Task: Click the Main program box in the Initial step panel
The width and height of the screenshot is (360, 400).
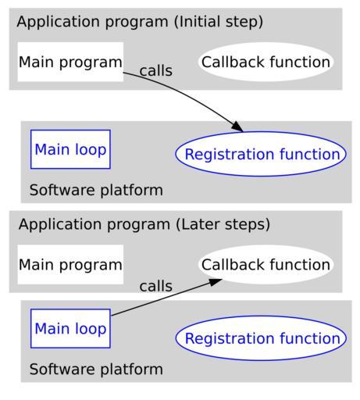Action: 70,62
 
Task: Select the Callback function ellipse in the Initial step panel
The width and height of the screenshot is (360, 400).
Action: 266,62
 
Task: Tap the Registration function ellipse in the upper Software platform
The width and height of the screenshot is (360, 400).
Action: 261,154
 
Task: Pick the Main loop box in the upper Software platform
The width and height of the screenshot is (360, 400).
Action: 70,149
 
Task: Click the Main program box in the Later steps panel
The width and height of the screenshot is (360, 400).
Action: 70,265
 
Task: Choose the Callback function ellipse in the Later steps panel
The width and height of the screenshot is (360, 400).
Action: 266,265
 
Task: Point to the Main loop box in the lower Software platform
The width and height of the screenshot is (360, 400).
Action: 70,328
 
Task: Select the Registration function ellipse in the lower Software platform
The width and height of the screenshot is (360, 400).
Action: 261,338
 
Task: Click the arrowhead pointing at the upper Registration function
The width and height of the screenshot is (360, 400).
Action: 237,127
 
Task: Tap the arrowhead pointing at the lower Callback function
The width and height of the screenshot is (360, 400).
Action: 216,282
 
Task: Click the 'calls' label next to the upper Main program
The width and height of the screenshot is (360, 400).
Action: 156,70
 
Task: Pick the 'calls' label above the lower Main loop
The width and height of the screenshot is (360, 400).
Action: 156,286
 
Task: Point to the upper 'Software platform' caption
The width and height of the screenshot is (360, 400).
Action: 96,190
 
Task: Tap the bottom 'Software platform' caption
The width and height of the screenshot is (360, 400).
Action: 96,370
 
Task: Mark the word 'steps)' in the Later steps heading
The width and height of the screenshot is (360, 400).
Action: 248,225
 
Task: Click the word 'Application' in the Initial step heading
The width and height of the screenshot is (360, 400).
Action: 58,22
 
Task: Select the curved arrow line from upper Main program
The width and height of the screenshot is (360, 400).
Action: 187,95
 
